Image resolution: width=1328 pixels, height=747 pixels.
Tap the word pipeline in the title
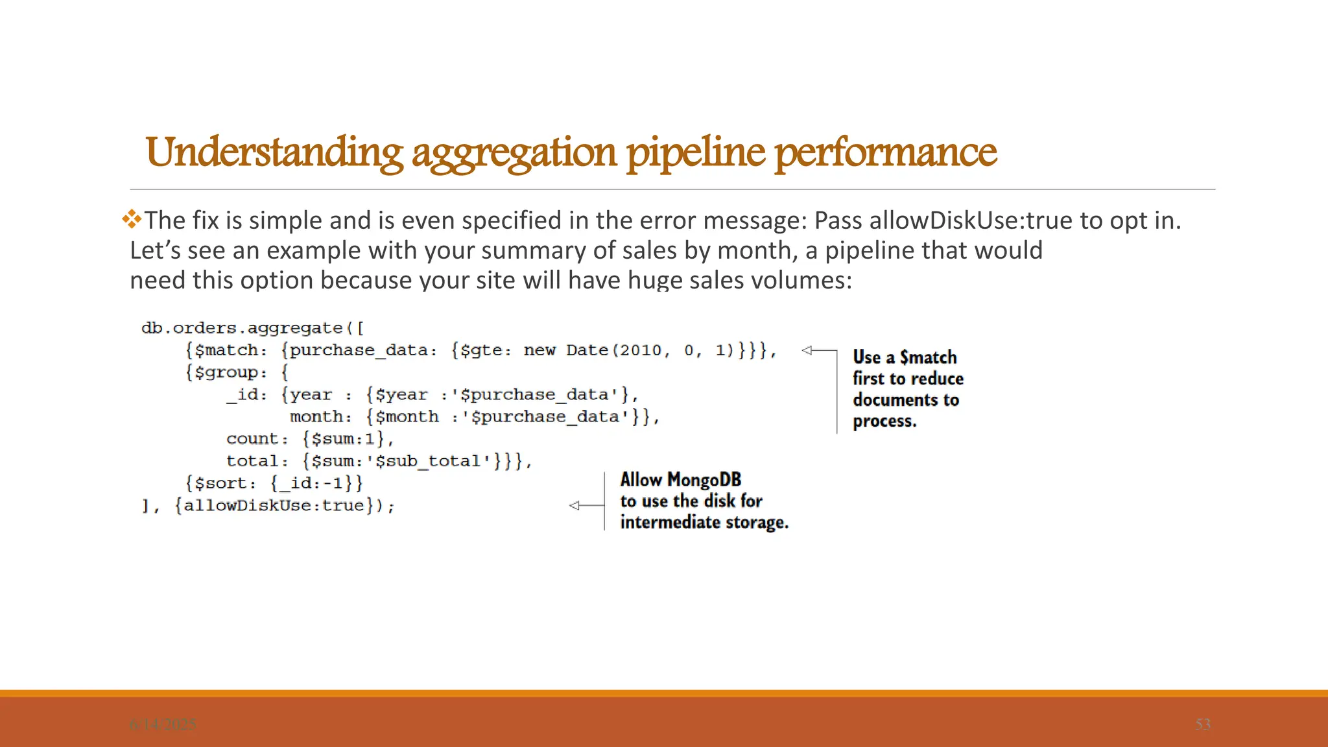(695, 152)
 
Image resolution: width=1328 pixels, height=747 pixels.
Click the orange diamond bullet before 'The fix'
(132, 219)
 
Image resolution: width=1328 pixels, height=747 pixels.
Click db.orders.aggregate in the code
(241, 328)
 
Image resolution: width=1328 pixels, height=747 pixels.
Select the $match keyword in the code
(226, 351)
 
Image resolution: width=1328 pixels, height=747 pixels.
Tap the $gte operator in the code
(481, 351)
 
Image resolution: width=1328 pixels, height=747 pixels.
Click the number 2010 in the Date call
(640, 351)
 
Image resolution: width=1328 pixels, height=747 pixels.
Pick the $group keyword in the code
(226, 373)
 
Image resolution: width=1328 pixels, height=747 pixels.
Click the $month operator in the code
(407, 417)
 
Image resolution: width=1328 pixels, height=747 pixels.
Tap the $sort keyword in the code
(220, 483)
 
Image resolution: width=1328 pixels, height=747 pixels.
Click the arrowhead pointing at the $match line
(807, 350)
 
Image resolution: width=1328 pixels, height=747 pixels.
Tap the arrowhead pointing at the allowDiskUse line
(574, 505)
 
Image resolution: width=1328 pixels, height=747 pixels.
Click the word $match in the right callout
(928, 357)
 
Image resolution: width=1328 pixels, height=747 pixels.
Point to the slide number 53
(1202, 724)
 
